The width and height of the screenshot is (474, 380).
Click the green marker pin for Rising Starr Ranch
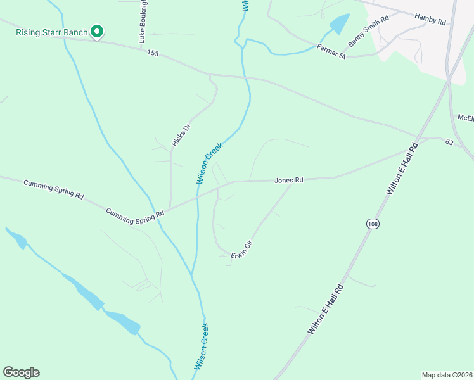(x=97, y=31)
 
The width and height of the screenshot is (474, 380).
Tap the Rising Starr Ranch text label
(x=51, y=32)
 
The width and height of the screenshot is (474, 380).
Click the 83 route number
(x=449, y=142)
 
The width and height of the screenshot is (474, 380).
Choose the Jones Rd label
(x=289, y=180)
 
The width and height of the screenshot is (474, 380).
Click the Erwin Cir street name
(x=242, y=248)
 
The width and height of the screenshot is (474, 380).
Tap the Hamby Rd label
(x=430, y=20)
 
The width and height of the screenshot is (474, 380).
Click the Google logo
(x=21, y=372)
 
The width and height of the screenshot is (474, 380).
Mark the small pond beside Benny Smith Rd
(x=339, y=24)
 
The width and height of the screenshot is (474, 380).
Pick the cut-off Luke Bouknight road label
(x=143, y=20)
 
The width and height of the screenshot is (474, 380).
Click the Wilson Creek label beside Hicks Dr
(x=210, y=163)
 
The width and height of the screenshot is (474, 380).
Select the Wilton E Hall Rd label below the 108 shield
(x=326, y=309)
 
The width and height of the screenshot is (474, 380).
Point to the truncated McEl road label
(x=466, y=117)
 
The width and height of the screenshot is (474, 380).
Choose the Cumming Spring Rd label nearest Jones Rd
(x=135, y=216)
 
